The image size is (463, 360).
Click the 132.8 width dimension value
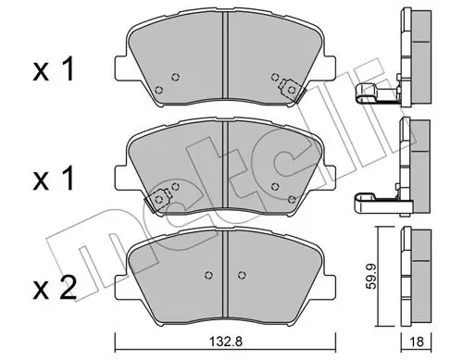226,341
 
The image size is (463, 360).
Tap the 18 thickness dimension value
417,341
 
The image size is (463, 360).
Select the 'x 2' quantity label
55,288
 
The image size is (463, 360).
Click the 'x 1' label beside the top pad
54,69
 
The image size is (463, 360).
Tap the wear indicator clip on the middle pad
158,200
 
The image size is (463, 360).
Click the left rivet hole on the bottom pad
209,274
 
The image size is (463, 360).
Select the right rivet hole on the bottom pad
243,274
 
